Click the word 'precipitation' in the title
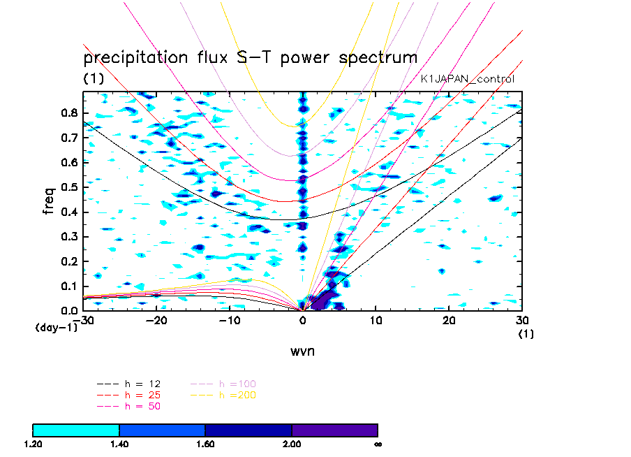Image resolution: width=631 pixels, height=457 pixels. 135,58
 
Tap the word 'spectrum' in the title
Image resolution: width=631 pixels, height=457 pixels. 378,58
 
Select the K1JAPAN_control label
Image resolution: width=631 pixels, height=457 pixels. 467,79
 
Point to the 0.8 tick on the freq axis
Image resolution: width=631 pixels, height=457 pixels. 69,113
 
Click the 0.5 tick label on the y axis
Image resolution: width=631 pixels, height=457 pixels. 69,187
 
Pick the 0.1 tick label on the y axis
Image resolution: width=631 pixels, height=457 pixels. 69,286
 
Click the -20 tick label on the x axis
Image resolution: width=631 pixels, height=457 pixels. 156,320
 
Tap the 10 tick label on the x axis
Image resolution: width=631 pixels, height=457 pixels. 376,320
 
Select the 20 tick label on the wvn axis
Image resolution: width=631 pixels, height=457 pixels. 449,320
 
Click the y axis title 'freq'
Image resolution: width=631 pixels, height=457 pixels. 48,201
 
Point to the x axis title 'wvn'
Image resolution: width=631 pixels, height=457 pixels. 302,351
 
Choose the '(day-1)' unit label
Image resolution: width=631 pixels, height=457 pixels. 57,327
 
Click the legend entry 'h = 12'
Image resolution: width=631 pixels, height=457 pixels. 128,384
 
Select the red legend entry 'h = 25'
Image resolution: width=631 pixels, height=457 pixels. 128,395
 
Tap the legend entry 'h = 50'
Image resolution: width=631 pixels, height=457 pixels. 128,406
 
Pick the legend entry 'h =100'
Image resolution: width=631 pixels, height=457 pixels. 223,384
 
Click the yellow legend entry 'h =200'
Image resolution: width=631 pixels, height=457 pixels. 223,395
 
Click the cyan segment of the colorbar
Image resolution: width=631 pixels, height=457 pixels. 76,430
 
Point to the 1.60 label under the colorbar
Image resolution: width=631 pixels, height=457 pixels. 205,444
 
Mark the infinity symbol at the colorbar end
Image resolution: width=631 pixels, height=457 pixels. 378,444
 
